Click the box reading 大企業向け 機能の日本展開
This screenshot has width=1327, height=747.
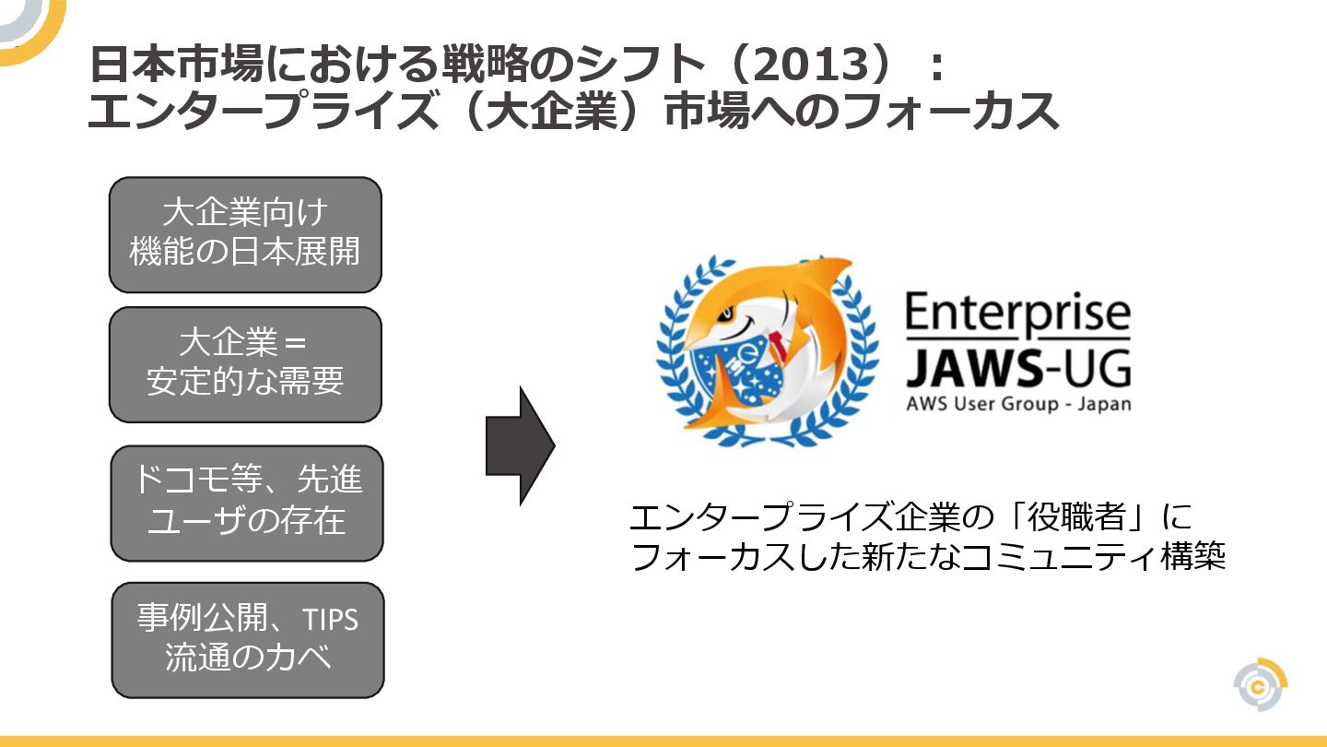pos(245,234)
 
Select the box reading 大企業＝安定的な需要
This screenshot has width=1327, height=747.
pos(245,364)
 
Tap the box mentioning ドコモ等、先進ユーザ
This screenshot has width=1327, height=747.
pos(246,503)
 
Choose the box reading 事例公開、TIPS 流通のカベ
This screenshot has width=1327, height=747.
pos(247,639)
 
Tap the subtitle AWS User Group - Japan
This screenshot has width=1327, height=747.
pos(1017,404)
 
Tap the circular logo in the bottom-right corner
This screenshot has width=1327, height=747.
pos(1260,685)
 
